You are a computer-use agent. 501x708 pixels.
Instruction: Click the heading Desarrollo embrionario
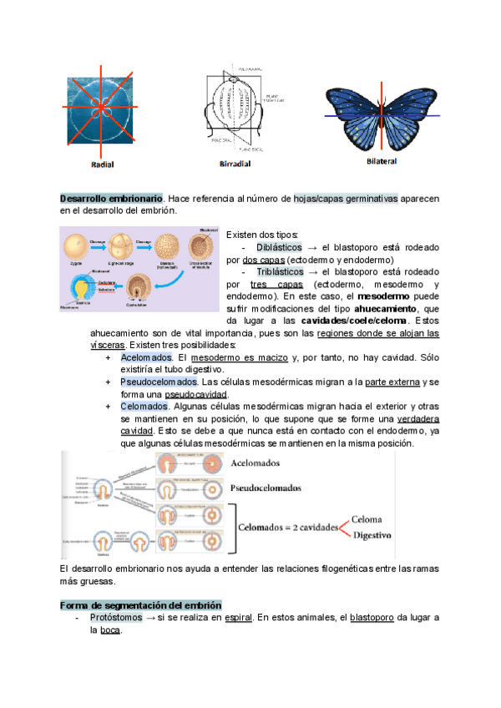click(111, 198)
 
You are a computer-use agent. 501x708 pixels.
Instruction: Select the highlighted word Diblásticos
click(280, 248)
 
